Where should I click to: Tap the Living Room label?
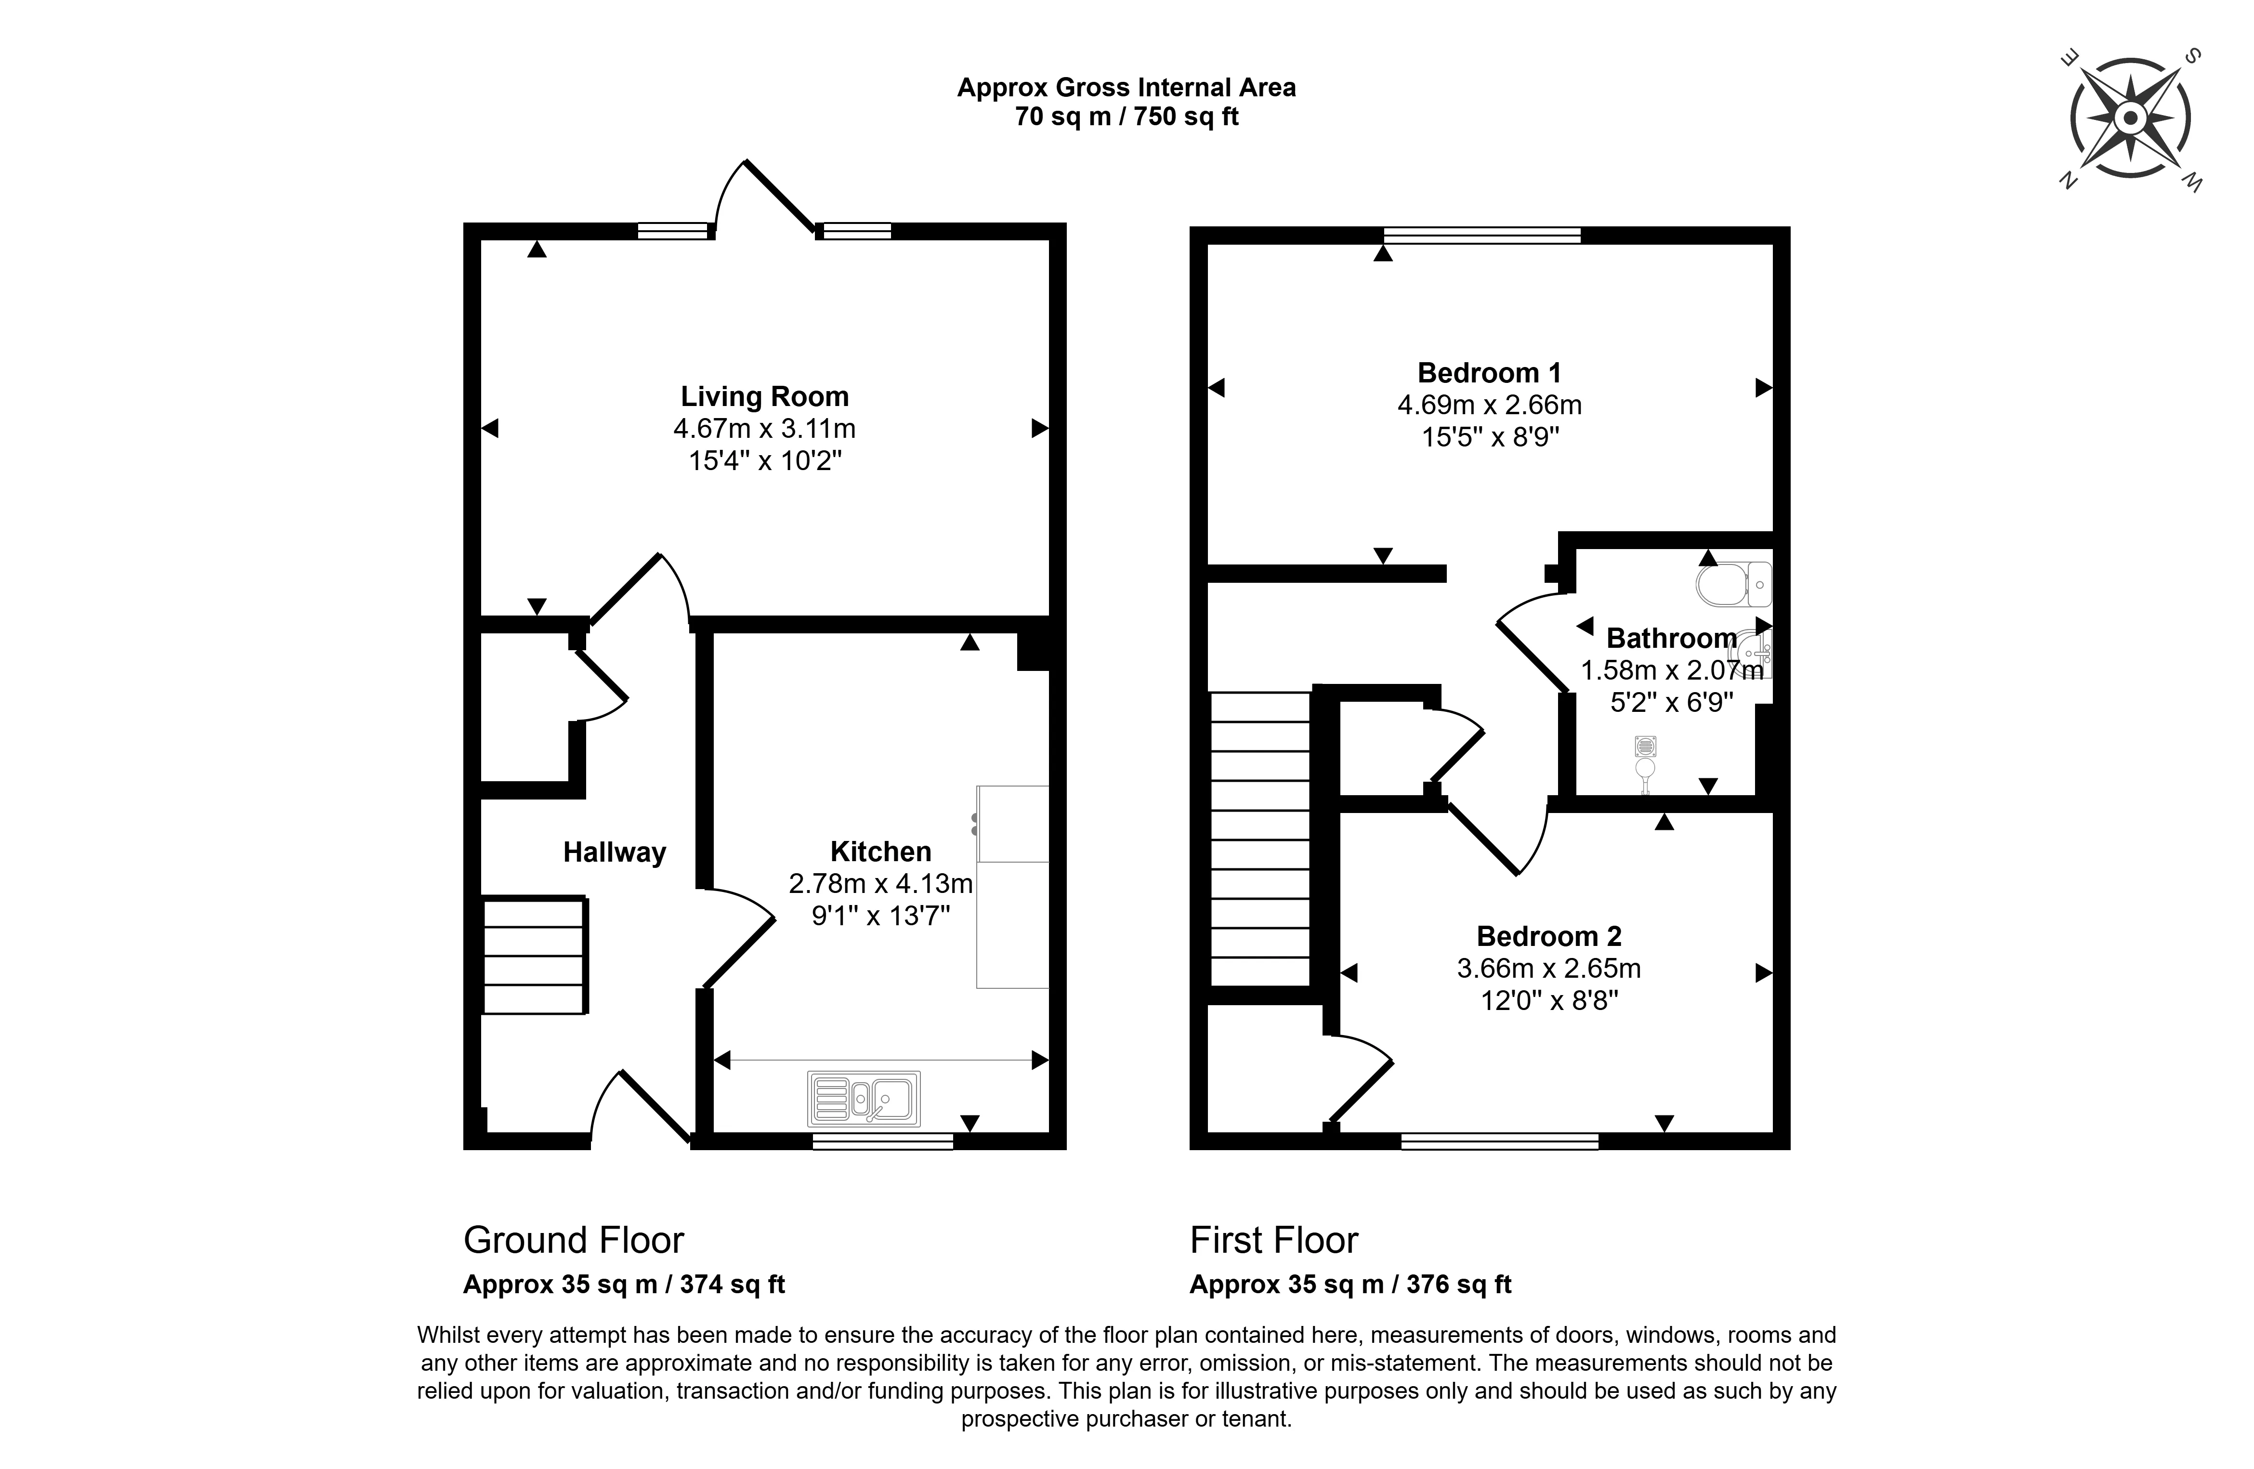764,396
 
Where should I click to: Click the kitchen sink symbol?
864,1099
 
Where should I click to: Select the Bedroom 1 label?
1489,372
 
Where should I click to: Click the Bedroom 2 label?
1548,936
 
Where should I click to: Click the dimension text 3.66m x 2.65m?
1548,968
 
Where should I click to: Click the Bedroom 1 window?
1481,235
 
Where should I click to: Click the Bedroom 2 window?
1499,1141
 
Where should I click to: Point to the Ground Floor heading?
573,1240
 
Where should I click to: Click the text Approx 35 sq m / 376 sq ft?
1350,1285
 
